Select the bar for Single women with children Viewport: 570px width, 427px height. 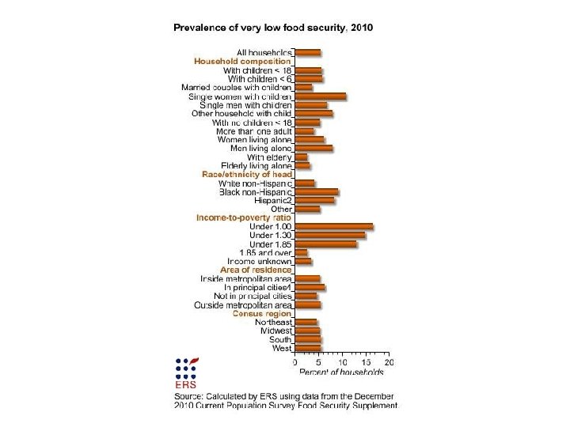point(321,96)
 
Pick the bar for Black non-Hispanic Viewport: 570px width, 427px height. point(317,191)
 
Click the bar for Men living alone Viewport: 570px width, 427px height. point(313,148)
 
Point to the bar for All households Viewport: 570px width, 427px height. point(308,53)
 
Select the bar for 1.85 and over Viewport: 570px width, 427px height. point(301,252)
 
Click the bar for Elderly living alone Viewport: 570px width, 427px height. point(302,165)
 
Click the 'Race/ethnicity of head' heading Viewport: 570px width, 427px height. point(247,174)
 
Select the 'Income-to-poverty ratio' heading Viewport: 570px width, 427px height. point(245,217)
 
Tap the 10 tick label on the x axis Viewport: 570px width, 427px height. point(342,361)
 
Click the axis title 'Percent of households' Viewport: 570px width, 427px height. point(341,371)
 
